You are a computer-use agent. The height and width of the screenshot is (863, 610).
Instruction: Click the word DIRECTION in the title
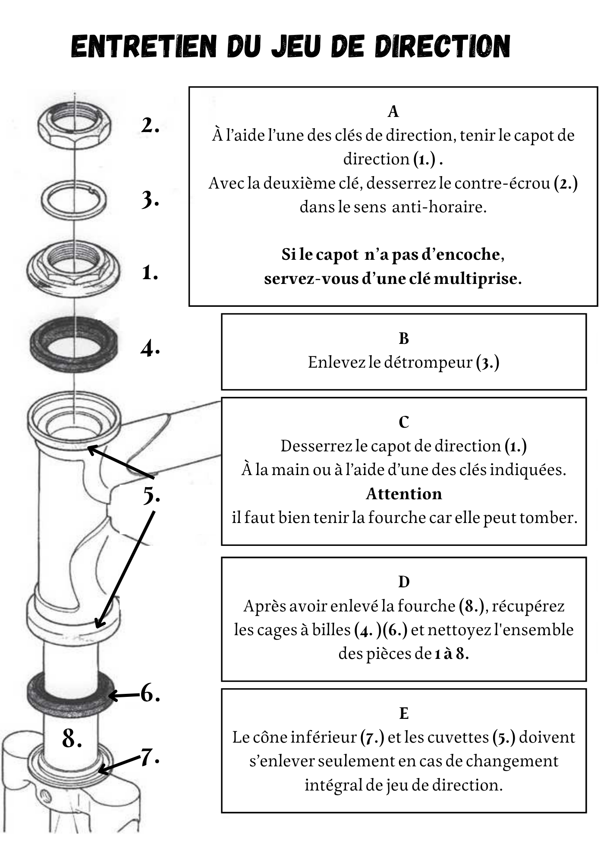[443, 46]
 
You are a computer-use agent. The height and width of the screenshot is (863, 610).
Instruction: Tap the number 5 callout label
[151, 495]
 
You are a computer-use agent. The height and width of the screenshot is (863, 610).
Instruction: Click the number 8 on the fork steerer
[72, 738]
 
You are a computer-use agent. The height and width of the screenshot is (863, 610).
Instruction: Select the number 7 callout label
[150, 757]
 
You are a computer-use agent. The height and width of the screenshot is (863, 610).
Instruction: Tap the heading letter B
[403, 339]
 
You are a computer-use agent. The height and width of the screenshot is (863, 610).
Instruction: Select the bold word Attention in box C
[404, 494]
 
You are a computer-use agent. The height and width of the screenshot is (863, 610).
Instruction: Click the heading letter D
[403, 582]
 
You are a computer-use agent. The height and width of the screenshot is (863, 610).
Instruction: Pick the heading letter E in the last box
[403, 714]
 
